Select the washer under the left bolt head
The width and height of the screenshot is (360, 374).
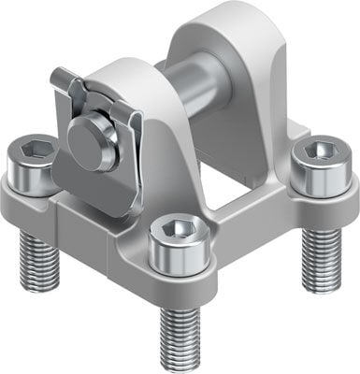36,182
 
